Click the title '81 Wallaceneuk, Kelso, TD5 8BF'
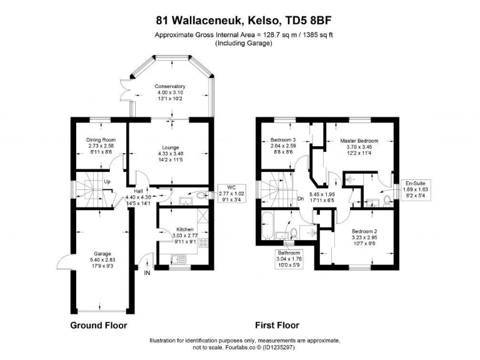coord(240,21)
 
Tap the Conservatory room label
coord(171,86)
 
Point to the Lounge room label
coord(171,147)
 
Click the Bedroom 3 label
coord(283,139)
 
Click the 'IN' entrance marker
coord(147,273)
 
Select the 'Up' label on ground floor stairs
coord(107,182)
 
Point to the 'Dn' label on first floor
coord(300,200)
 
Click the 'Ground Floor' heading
coord(99,325)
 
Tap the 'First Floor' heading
coord(277,325)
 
